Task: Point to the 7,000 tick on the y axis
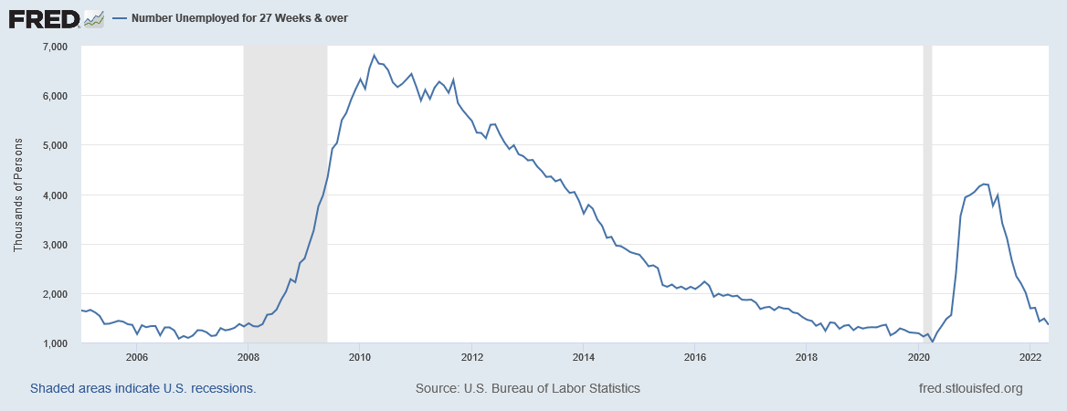coord(56,46)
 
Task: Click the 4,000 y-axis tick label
coord(56,195)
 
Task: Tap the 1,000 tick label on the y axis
coord(56,343)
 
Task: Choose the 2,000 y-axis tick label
coord(56,294)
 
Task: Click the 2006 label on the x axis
coord(137,357)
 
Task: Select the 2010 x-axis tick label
coord(360,357)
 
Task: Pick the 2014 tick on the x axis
coord(584,357)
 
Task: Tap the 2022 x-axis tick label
coord(1030,357)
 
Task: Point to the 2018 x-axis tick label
coord(807,357)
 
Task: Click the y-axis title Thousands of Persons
coord(18,195)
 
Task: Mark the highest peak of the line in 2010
coord(375,56)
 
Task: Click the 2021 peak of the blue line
coord(984,184)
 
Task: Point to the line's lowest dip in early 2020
coord(933,342)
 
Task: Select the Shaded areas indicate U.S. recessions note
coord(143,388)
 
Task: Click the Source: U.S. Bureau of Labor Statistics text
coord(528,388)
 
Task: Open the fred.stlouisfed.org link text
coord(970,388)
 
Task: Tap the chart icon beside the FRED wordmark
coord(93,17)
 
